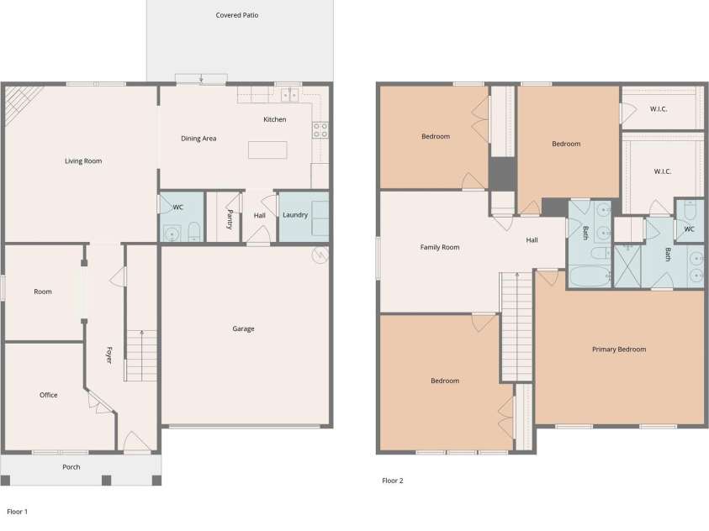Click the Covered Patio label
pyautogui.click(x=237, y=15)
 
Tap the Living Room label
pyautogui.click(x=83, y=160)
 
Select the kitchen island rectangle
pyautogui.click(x=267, y=150)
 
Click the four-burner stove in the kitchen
pyautogui.click(x=320, y=130)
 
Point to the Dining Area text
pyautogui.click(x=198, y=138)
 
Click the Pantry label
pyautogui.click(x=230, y=219)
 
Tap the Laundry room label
pyautogui.click(x=295, y=214)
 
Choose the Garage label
pyautogui.click(x=243, y=329)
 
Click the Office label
pyautogui.click(x=49, y=395)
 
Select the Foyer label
pyautogui.click(x=109, y=355)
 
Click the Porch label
pyautogui.click(x=71, y=467)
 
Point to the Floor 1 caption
pyautogui.click(x=17, y=512)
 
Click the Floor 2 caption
pyautogui.click(x=393, y=481)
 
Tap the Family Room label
pyautogui.click(x=440, y=247)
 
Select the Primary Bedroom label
pyautogui.click(x=619, y=349)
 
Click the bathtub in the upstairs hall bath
pyautogui.click(x=590, y=276)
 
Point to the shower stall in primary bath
pyautogui.click(x=627, y=266)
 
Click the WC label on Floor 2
pyautogui.click(x=689, y=229)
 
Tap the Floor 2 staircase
pyautogui.click(x=516, y=327)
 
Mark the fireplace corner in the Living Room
pyautogui.click(x=19, y=101)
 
